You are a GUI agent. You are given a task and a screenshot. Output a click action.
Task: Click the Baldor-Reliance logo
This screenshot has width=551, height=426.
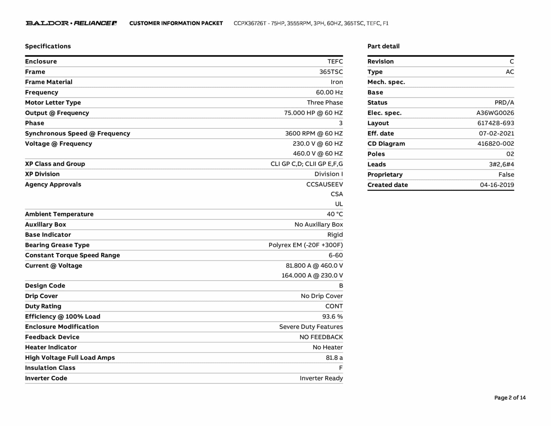point(71,23)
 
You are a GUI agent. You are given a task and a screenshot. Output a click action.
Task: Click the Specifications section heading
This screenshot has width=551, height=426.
point(48,46)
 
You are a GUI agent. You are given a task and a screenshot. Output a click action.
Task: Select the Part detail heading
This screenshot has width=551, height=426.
point(383,46)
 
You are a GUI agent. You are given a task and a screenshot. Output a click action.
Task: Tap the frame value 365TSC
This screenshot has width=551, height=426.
point(331,72)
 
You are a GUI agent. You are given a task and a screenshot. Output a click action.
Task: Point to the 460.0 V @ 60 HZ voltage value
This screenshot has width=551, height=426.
point(318,153)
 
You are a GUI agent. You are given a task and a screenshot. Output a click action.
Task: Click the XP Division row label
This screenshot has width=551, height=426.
point(42,174)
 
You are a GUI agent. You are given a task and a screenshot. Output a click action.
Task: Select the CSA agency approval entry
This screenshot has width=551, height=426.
point(337,194)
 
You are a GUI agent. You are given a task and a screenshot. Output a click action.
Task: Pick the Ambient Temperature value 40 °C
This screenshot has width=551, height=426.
point(335,214)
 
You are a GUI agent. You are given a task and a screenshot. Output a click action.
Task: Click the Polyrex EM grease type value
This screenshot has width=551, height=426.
point(306,245)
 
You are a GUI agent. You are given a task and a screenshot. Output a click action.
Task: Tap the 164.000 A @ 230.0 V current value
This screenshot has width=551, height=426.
point(312,275)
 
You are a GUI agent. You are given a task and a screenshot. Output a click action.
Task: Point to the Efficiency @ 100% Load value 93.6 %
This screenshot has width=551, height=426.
point(333,316)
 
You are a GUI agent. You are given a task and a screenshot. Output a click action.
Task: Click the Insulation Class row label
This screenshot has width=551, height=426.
point(50,368)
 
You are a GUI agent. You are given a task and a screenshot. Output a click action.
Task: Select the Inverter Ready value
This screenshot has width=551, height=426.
point(321,378)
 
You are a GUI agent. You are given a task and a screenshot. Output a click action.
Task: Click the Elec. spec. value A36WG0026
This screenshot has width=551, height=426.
point(495,113)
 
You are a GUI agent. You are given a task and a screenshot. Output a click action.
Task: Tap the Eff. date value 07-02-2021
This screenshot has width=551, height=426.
point(496,133)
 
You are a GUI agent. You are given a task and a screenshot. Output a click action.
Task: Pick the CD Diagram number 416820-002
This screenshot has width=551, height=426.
point(496,144)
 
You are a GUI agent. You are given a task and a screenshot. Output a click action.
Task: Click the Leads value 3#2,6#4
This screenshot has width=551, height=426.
point(501,164)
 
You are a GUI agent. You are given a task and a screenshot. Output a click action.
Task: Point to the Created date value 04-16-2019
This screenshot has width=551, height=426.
point(497,185)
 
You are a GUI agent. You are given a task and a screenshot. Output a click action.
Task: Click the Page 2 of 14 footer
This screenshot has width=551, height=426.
point(510,397)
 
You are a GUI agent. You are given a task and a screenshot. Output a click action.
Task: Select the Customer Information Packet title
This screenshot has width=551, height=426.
point(176,23)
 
